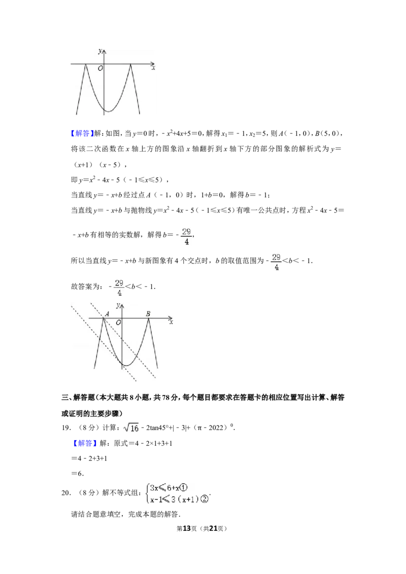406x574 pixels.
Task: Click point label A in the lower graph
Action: (107, 314)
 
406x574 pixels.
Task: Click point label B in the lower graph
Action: (148, 314)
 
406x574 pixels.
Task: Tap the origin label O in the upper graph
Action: (100, 68)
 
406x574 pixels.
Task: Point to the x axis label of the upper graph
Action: (154, 68)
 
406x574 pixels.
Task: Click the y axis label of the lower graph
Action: (118, 305)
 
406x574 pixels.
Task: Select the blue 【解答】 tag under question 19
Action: (85, 443)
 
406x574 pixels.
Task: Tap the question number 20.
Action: (66, 493)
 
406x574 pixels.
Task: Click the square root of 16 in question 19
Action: (131, 427)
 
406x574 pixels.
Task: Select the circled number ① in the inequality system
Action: (184, 487)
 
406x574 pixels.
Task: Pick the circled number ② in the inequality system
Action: (204, 498)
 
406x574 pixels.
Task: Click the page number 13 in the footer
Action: (187, 528)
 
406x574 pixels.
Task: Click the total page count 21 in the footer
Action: (213, 528)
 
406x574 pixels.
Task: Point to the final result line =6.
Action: (77, 473)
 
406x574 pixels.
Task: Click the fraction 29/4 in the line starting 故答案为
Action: (119, 288)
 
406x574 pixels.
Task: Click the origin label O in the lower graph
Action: (118, 322)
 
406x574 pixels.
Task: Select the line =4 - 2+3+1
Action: (89, 458)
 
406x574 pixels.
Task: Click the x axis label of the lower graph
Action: (171, 322)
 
